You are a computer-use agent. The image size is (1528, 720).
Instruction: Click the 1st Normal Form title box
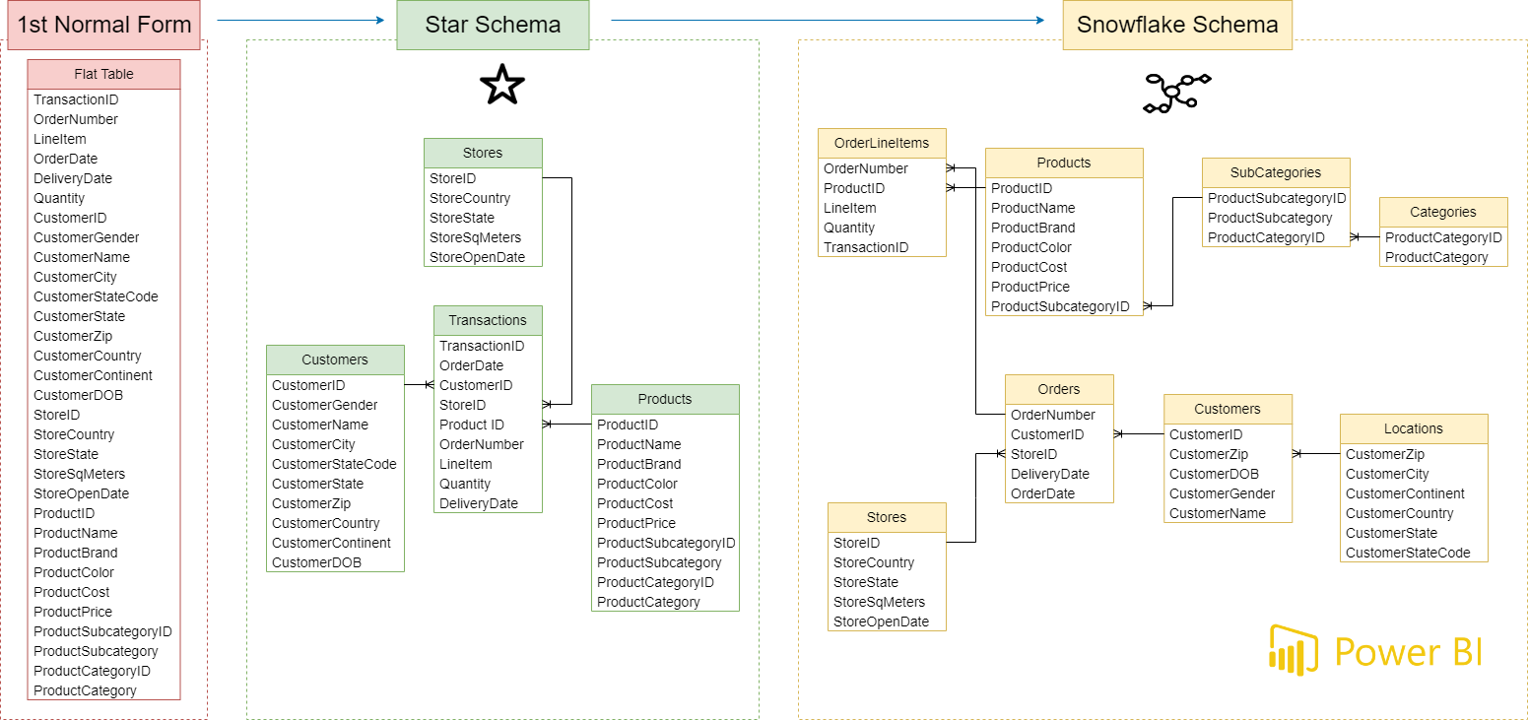103,25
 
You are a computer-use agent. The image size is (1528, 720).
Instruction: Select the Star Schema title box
493,25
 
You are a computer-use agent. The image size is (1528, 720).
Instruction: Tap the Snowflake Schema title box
1177,25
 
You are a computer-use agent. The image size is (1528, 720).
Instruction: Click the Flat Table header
103,74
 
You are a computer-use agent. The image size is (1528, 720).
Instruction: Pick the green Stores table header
483,153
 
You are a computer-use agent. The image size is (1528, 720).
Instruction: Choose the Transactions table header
488,320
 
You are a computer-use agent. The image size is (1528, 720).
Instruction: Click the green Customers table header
335,360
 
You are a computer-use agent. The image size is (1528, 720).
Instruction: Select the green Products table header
665,399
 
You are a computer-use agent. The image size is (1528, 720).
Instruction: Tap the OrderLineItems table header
882,143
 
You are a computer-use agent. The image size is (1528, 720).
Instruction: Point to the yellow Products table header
1064,163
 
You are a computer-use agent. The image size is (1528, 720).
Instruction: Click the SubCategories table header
1276,172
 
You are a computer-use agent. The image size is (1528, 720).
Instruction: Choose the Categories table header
1443,212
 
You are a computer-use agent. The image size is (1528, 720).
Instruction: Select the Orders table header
1059,389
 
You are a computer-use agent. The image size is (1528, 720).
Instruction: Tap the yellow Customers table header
1228,409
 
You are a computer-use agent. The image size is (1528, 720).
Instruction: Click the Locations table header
1414,428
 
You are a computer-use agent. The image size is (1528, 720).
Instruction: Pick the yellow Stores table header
887,517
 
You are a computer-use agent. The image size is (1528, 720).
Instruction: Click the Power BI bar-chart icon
1294,650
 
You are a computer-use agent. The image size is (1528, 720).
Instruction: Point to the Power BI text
1409,652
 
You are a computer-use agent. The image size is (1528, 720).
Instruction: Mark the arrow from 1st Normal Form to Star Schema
299,20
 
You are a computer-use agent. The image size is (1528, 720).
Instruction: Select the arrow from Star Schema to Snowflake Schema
828,20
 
